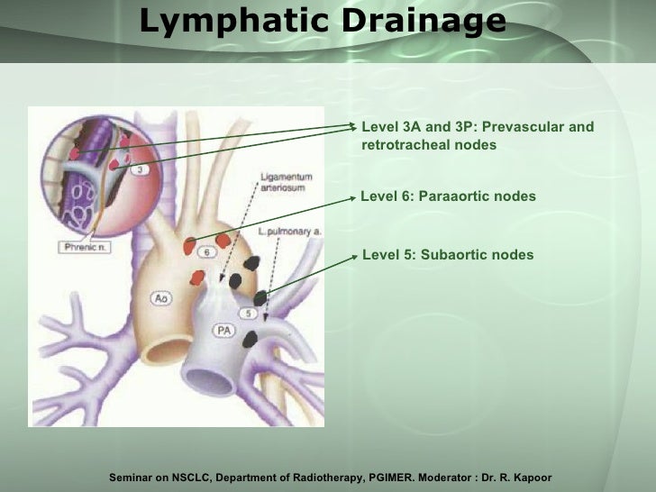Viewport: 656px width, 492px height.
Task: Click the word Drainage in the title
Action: [x=424, y=22]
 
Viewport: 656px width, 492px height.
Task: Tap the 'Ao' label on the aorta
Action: [x=161, y=297]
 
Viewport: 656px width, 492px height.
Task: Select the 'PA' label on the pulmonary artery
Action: [x=224, y=331]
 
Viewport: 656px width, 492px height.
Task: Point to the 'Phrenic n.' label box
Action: [x=87, y=246]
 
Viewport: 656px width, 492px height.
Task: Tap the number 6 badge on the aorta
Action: [x=206, y=253]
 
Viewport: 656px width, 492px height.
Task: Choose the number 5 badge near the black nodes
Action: [x=250, y=314]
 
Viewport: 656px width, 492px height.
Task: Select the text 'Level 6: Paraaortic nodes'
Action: [x=449, y=196]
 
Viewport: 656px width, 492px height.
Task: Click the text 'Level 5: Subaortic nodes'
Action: [x=449, y=255]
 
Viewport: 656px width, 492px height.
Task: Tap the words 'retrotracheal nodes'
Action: [x=429, y=144]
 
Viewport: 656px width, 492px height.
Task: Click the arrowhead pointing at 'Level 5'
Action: [x=356, y=255]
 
